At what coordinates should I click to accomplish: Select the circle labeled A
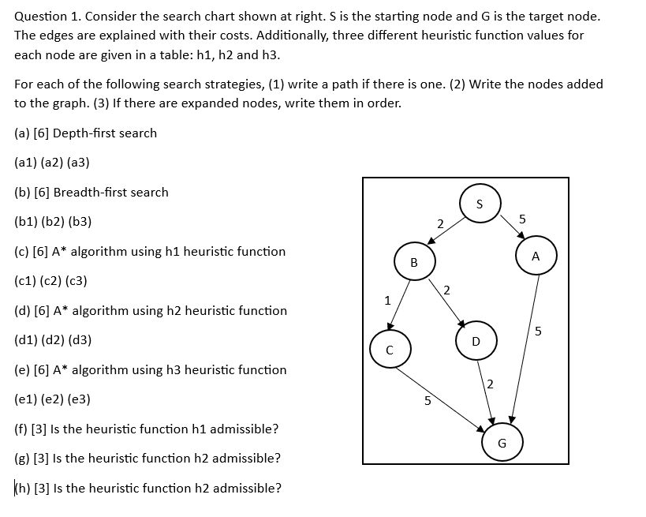536,255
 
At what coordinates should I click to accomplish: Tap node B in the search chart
414,261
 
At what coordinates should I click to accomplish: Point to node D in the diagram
475,340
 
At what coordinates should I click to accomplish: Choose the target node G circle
502,442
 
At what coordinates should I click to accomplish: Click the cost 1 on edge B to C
386,300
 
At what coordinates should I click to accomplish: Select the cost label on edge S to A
522,218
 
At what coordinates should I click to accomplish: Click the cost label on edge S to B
439,223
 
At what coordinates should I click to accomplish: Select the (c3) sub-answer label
77,281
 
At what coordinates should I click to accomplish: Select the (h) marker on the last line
22,488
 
